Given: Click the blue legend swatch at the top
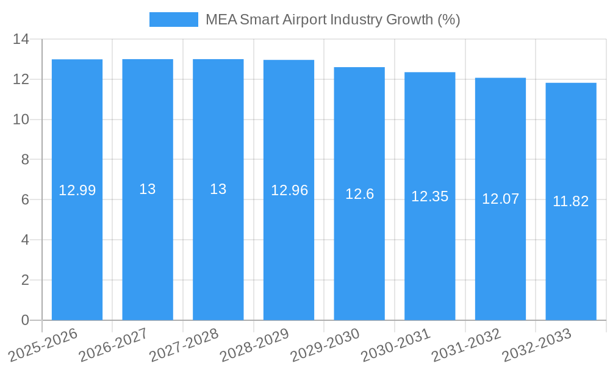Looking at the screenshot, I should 174,20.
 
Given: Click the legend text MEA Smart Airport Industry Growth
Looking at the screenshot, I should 332,20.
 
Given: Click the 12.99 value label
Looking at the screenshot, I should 77,190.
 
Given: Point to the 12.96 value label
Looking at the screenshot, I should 289,190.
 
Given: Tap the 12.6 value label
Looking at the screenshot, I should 359,194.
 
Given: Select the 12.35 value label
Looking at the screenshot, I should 429,196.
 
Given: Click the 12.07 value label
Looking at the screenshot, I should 500,199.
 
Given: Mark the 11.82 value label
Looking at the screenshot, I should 570,201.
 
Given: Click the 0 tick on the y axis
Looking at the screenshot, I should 25,320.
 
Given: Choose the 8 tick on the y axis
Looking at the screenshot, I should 25,160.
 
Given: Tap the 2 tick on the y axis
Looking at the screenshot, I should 25,280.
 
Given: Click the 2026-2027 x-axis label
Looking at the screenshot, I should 113,345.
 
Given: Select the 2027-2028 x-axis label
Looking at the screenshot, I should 184,345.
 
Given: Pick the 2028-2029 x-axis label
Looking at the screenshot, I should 254,345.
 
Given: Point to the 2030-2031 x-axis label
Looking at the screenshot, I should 395,345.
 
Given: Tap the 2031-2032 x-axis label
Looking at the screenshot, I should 466,345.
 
